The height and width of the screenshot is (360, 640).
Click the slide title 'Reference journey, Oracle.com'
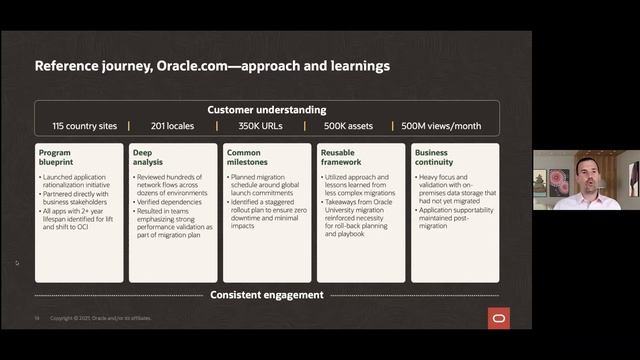(212, 67)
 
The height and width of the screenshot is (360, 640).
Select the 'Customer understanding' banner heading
(266, 110)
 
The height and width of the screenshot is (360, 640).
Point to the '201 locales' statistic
(173, 126)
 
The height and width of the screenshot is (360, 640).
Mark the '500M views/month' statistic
(440, 126)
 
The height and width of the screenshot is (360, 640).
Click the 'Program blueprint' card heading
(58, 159)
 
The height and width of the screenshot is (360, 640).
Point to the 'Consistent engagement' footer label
(266, 294)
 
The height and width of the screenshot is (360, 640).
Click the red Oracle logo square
(498, 318)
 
